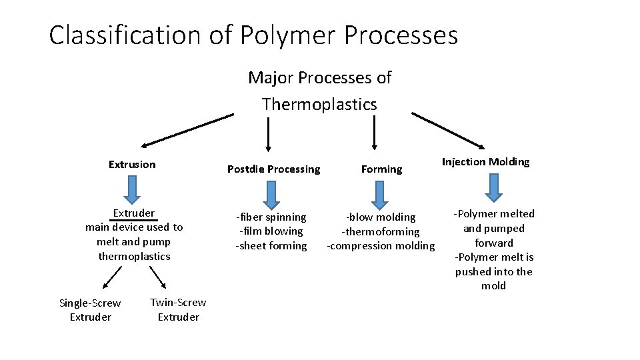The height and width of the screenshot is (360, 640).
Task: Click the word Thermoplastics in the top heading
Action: coord(319,105)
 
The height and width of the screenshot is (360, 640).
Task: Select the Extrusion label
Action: coord(132,165)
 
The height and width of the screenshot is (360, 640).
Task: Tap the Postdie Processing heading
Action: coord(273,169)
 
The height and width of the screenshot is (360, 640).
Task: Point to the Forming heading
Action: coord(381,169)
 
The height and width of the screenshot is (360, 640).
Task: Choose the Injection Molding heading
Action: coord(486,162)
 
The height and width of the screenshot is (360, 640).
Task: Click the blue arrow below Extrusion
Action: coord(133,189)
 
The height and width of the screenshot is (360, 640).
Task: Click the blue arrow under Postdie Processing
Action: coord(271,194)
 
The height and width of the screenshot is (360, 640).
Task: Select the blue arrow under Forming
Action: coord(380,194)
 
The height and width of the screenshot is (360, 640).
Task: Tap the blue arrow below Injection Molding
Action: coord(493,187)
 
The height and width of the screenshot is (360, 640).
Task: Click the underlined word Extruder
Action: coord(134,213)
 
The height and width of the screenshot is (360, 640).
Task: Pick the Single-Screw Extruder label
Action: coord(91,310)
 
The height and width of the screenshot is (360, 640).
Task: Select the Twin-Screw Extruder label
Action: coord(178,310)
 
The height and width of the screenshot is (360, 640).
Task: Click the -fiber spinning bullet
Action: coord(271,217)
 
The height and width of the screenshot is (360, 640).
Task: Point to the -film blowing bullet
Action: coord(271,231)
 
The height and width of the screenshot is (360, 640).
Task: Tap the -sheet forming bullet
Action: coord(271,246)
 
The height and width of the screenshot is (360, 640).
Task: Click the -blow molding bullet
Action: coord(380,217)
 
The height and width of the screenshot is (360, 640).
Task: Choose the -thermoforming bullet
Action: coord(380,232)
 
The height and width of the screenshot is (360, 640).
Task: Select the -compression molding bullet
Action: coord(380,246)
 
